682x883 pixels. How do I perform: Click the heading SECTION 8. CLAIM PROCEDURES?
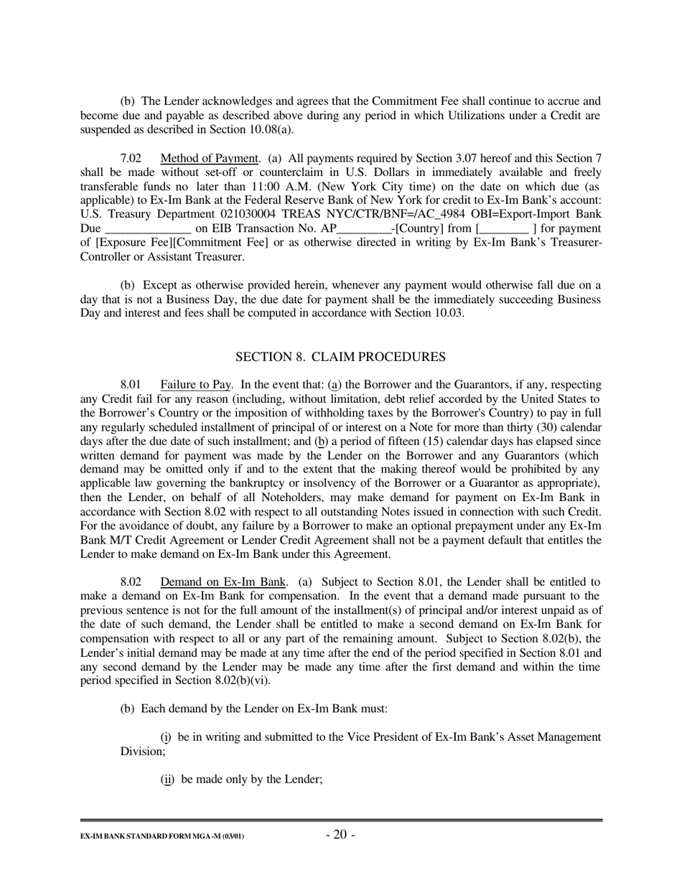pos(340,357)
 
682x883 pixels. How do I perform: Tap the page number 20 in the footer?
pos(340,834)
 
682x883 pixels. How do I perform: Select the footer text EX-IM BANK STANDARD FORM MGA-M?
pos(162,837)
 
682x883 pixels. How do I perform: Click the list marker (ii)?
pos(167,778)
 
